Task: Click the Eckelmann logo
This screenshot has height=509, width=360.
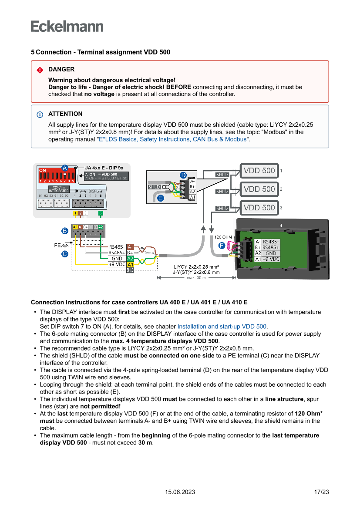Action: tap(67, 26)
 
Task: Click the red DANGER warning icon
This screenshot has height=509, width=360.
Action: tap(40, 70)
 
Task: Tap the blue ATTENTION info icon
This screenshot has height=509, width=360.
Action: tap(40, 115)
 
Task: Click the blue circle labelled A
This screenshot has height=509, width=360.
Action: tap(64, 168)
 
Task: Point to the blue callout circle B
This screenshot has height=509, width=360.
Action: tap(64, 230)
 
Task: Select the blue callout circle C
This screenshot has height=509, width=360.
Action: tap(64, 253)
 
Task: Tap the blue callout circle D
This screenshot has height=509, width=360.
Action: tap(183, 175)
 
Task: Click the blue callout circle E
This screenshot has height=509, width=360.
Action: tap(160, 198)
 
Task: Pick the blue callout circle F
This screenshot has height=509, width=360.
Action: tap(222, 246)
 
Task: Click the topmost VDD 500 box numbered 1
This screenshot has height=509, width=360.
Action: tap(259, 171)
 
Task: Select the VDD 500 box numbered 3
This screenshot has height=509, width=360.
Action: tap(259, 208)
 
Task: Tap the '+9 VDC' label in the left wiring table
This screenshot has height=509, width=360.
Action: tap(117, 264)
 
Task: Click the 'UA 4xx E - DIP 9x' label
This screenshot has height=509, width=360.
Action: tap(104, 168)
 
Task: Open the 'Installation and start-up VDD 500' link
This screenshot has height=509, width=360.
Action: tap(222, 326)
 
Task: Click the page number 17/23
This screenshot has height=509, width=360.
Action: tap(321, 492)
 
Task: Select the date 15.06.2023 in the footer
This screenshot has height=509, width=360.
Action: tap(180, 492)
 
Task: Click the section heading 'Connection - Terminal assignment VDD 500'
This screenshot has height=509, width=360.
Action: tap(103, 52)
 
